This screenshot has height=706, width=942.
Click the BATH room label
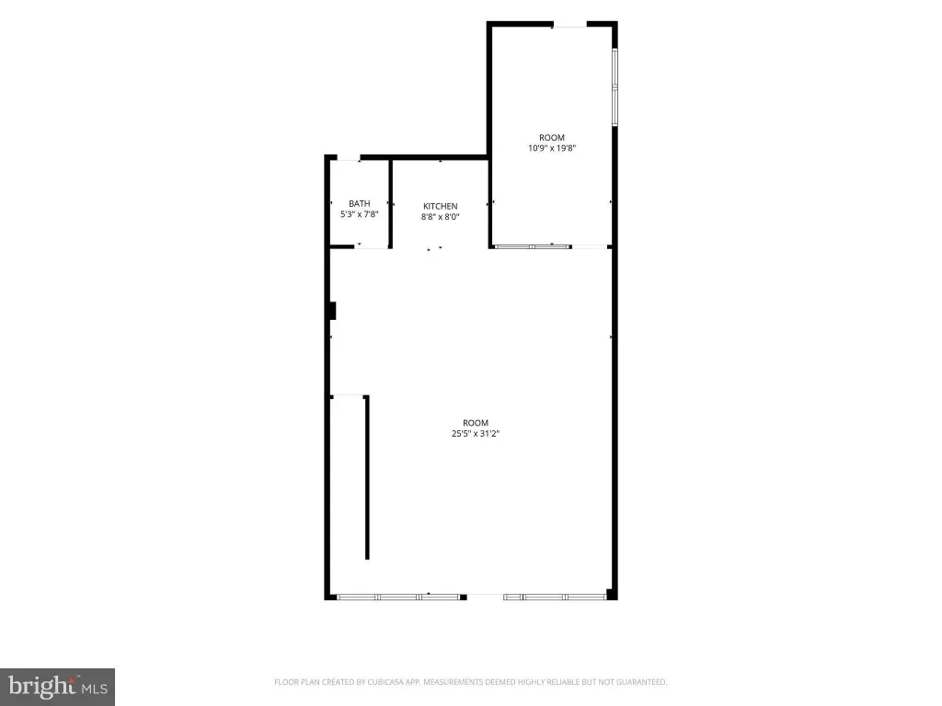(360, 203)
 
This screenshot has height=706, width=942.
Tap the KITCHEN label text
(441, 206)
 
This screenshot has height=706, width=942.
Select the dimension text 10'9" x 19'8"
(552, 148)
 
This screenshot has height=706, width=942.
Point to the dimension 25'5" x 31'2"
(476, 434)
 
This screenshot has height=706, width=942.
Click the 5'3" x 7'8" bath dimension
(360, 214)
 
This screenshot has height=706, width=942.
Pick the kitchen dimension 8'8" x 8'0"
(441, 217)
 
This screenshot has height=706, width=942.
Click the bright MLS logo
(57, 687)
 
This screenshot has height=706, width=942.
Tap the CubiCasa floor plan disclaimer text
(470, 682)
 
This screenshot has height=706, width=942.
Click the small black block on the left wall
(332, 311)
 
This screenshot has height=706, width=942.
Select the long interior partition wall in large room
(367, 477)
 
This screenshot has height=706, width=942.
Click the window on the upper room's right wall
(615, 86)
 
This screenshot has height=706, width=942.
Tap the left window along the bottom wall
(397, 597)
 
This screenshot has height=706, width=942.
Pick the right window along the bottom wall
(555, 597)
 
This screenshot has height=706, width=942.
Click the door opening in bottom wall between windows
(485, 597)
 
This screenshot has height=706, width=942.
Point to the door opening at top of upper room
(569, 25)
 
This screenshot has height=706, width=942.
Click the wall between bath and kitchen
(390, 203)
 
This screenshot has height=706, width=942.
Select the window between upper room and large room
(532, 246)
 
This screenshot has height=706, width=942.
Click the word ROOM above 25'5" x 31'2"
(476, 423)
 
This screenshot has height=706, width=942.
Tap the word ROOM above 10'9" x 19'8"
(552, 138)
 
